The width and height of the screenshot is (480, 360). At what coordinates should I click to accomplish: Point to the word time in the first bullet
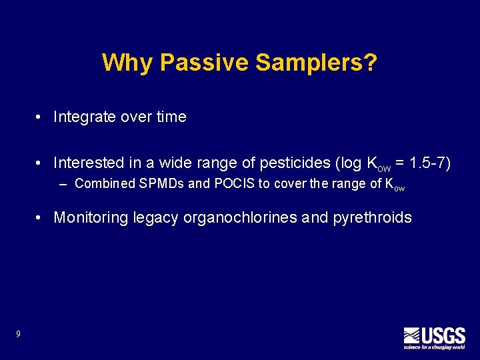click(x=171, y=117)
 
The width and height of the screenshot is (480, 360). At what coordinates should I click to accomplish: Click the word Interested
click(x=87, y=163)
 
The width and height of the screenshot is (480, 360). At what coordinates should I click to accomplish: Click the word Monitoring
click(x=91, y=217)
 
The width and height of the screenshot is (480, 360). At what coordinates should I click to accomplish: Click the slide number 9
click(x=19, y=334)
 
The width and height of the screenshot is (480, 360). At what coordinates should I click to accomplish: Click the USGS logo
click(x=434, y=337)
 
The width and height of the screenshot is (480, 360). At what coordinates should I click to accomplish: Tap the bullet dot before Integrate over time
click(x=41, y=118)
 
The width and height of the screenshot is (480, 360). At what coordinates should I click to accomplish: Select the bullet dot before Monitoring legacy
click(x=41, y=218)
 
